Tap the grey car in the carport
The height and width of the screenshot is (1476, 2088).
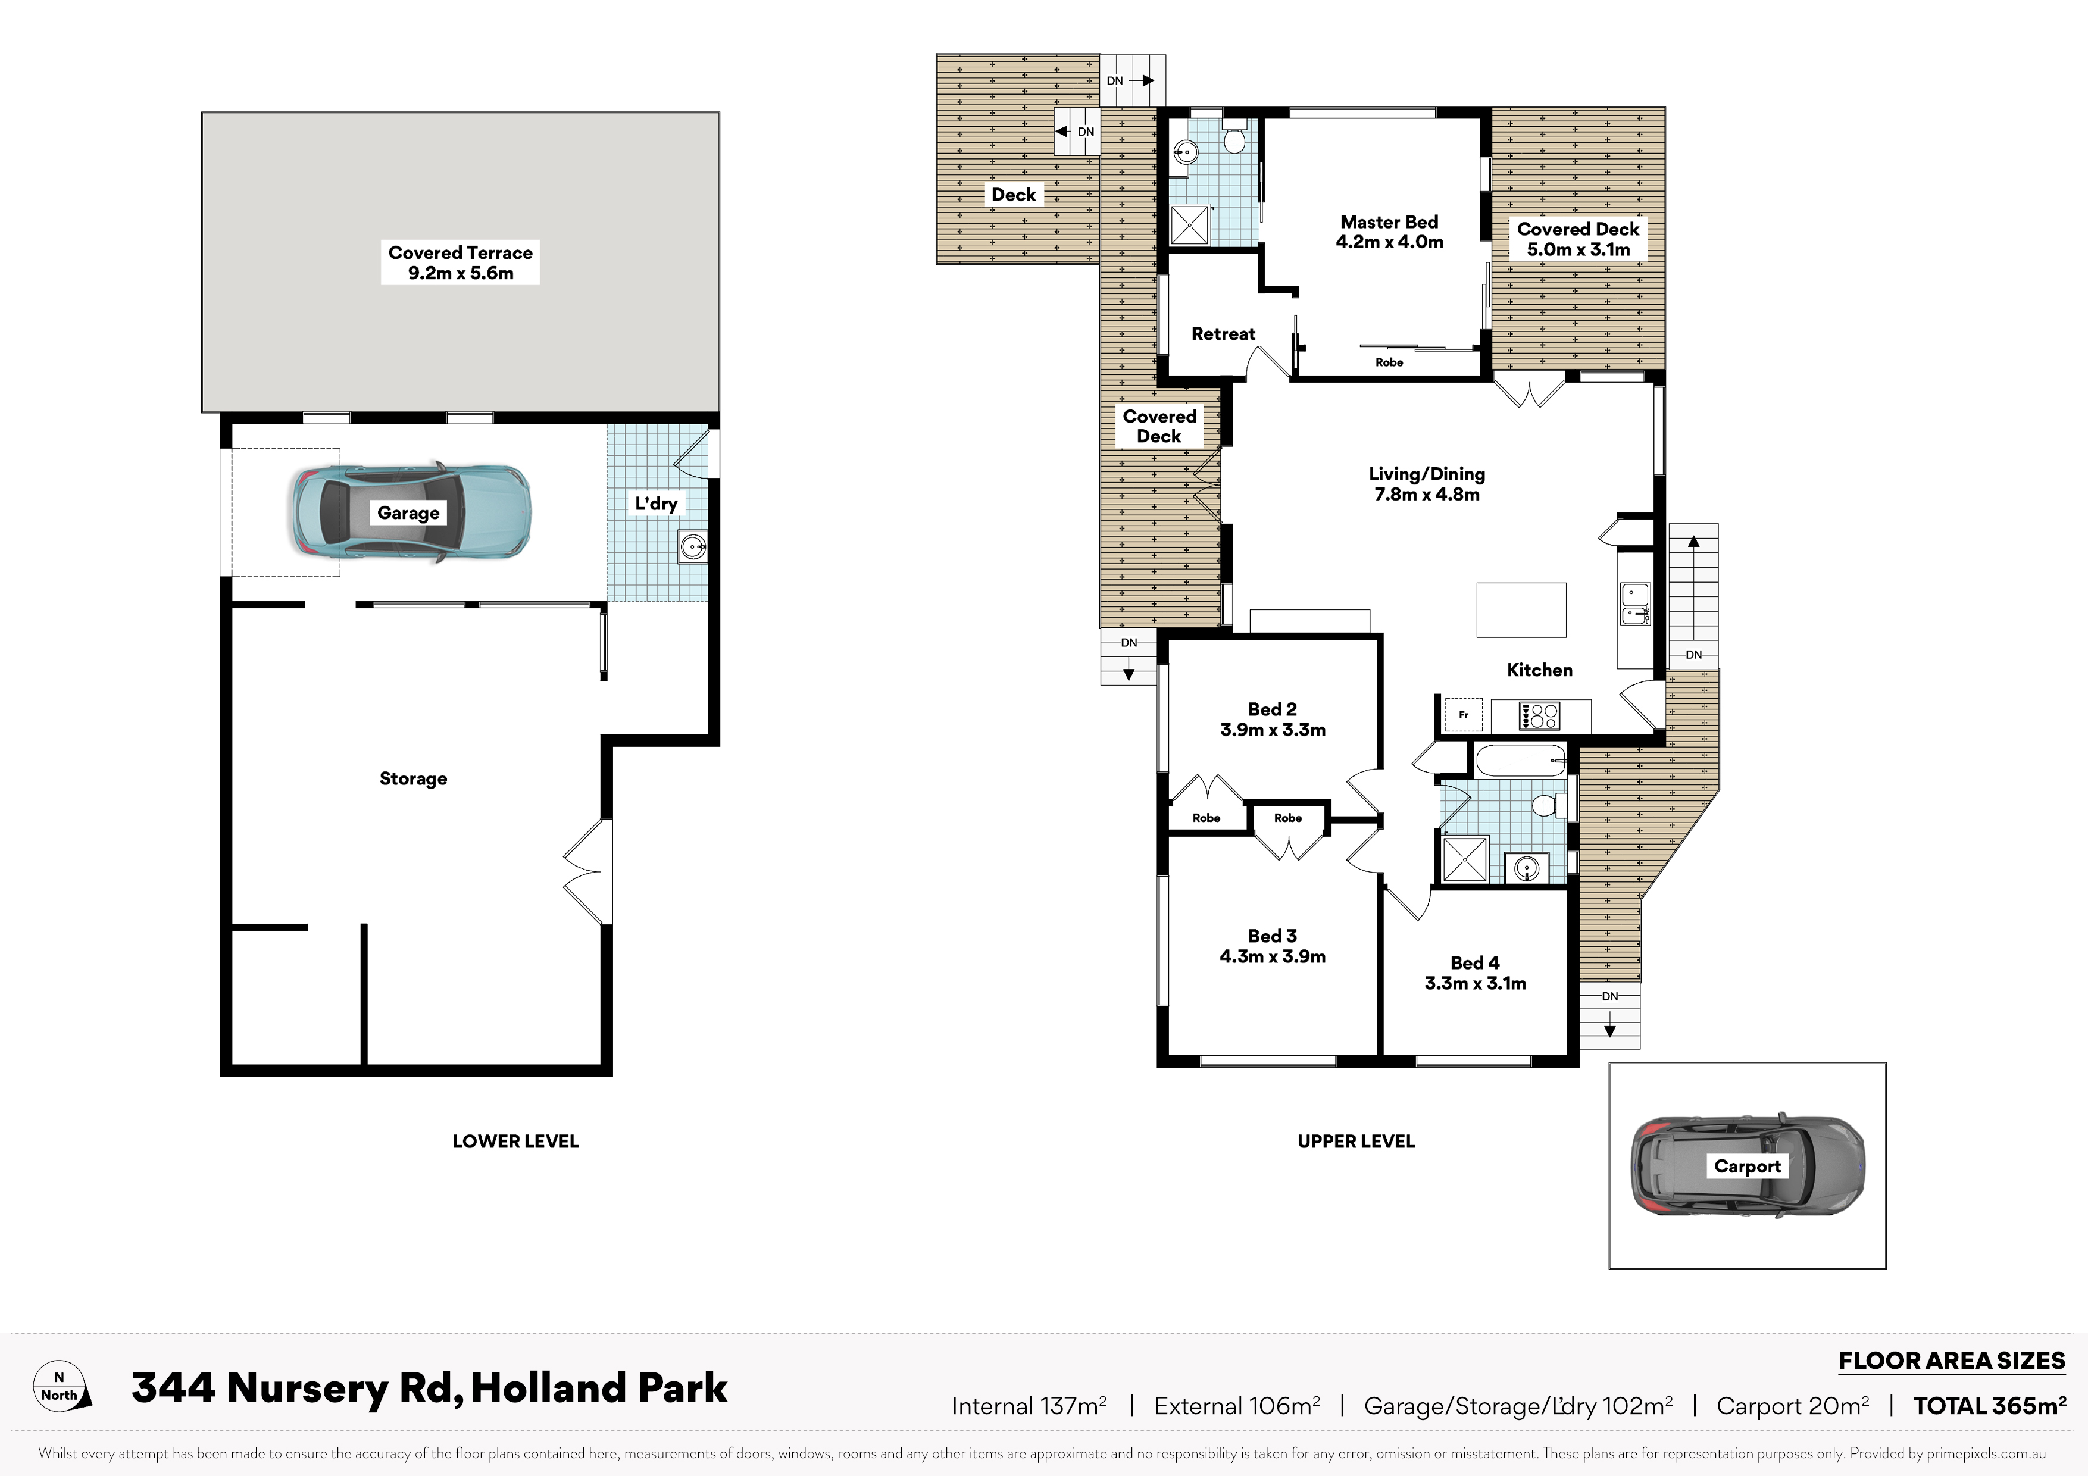[1747, 1165]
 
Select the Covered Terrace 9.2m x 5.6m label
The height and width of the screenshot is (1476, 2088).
[460, 263]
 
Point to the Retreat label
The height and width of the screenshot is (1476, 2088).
[1223, 334]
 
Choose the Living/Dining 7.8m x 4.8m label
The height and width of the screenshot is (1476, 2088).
[1427, 484]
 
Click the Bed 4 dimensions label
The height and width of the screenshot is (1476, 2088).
[1475, 983]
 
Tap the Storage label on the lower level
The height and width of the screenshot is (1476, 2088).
[413, 778]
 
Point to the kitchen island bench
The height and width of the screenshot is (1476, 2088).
[1521, 610]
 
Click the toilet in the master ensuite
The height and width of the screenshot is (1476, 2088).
[1234, 138]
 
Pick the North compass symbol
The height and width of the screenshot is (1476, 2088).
[62, 1386]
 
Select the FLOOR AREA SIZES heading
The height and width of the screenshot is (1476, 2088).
[1952, 1361]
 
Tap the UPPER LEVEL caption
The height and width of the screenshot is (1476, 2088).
[1356, 1142]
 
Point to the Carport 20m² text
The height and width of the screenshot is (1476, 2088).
[1792, 1406]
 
